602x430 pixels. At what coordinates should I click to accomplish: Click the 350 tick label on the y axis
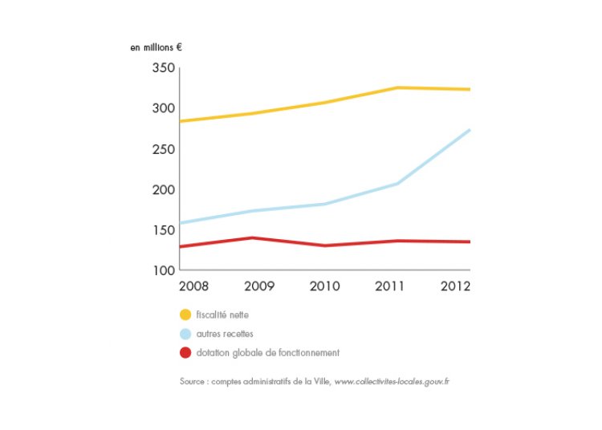(164, 69)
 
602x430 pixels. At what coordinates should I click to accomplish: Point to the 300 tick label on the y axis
(164, 109)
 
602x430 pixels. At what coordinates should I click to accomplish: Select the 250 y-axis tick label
(164, 149)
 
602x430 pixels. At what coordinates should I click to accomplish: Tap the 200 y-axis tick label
(164, 190)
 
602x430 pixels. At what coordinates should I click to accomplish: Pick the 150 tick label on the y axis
(164, 230)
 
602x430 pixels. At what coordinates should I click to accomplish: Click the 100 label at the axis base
(164, 270)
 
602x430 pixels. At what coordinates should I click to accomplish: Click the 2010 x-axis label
(325, 286)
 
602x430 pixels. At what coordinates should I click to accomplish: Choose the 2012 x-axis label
(455, 286)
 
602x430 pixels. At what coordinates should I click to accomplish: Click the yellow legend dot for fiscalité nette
(185, 314)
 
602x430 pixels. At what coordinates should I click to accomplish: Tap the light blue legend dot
(185, 334)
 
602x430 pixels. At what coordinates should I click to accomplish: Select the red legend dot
(185, 352)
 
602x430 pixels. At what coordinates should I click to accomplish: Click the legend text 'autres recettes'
(225, 334)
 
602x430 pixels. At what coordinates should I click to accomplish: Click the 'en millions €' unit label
(156, 47)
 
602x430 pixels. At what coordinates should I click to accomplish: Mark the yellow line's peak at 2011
(397, 87)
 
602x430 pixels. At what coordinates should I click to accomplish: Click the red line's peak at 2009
(252, 237)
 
